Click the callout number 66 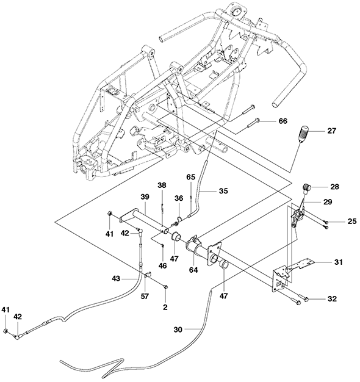[283, 121]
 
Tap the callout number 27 [331, 131]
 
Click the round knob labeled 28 [307, 187]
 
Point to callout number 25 [351, 222]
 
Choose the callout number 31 [338, 262]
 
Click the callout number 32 [332, 298]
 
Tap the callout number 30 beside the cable [178, 330]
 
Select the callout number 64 [194, 270]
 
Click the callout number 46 [162, 266]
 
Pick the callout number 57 [145, 296]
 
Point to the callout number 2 [165, 307]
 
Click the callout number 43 [116, 278]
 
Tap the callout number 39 [145, 196]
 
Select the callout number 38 [162, 185]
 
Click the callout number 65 [191, 177]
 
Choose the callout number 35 [223, 191]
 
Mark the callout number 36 [179, 198]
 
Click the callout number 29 [328, 202]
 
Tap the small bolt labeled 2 [166, 287]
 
